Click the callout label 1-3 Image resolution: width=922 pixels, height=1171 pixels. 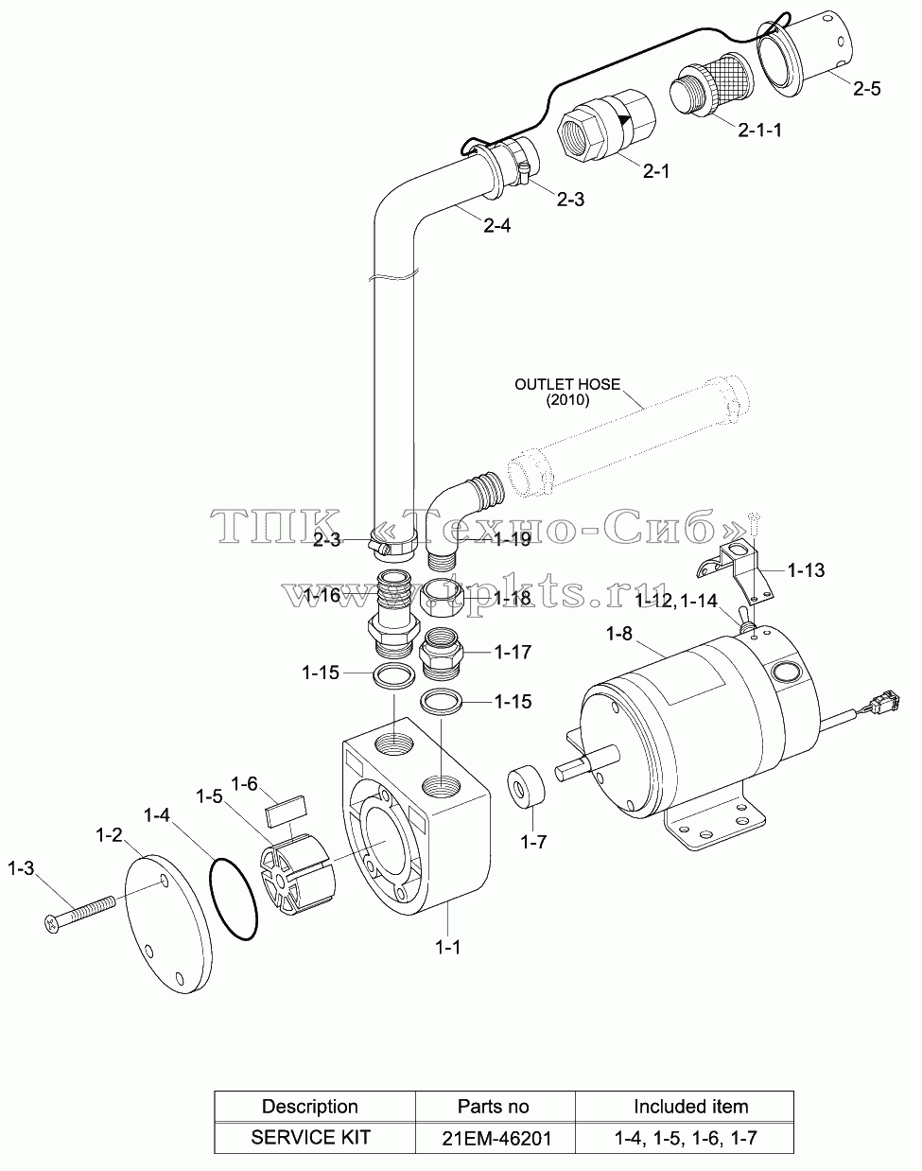21,868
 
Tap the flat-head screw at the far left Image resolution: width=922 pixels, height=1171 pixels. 79,915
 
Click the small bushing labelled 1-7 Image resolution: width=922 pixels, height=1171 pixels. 526,787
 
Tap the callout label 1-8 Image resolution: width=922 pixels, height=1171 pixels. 619,634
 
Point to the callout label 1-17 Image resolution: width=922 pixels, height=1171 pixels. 513,652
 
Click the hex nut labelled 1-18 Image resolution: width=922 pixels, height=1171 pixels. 442,597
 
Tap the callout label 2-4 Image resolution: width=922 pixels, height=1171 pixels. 497,225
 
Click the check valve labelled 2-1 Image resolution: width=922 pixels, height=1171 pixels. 606,126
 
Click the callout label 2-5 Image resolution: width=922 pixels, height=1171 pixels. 867,88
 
